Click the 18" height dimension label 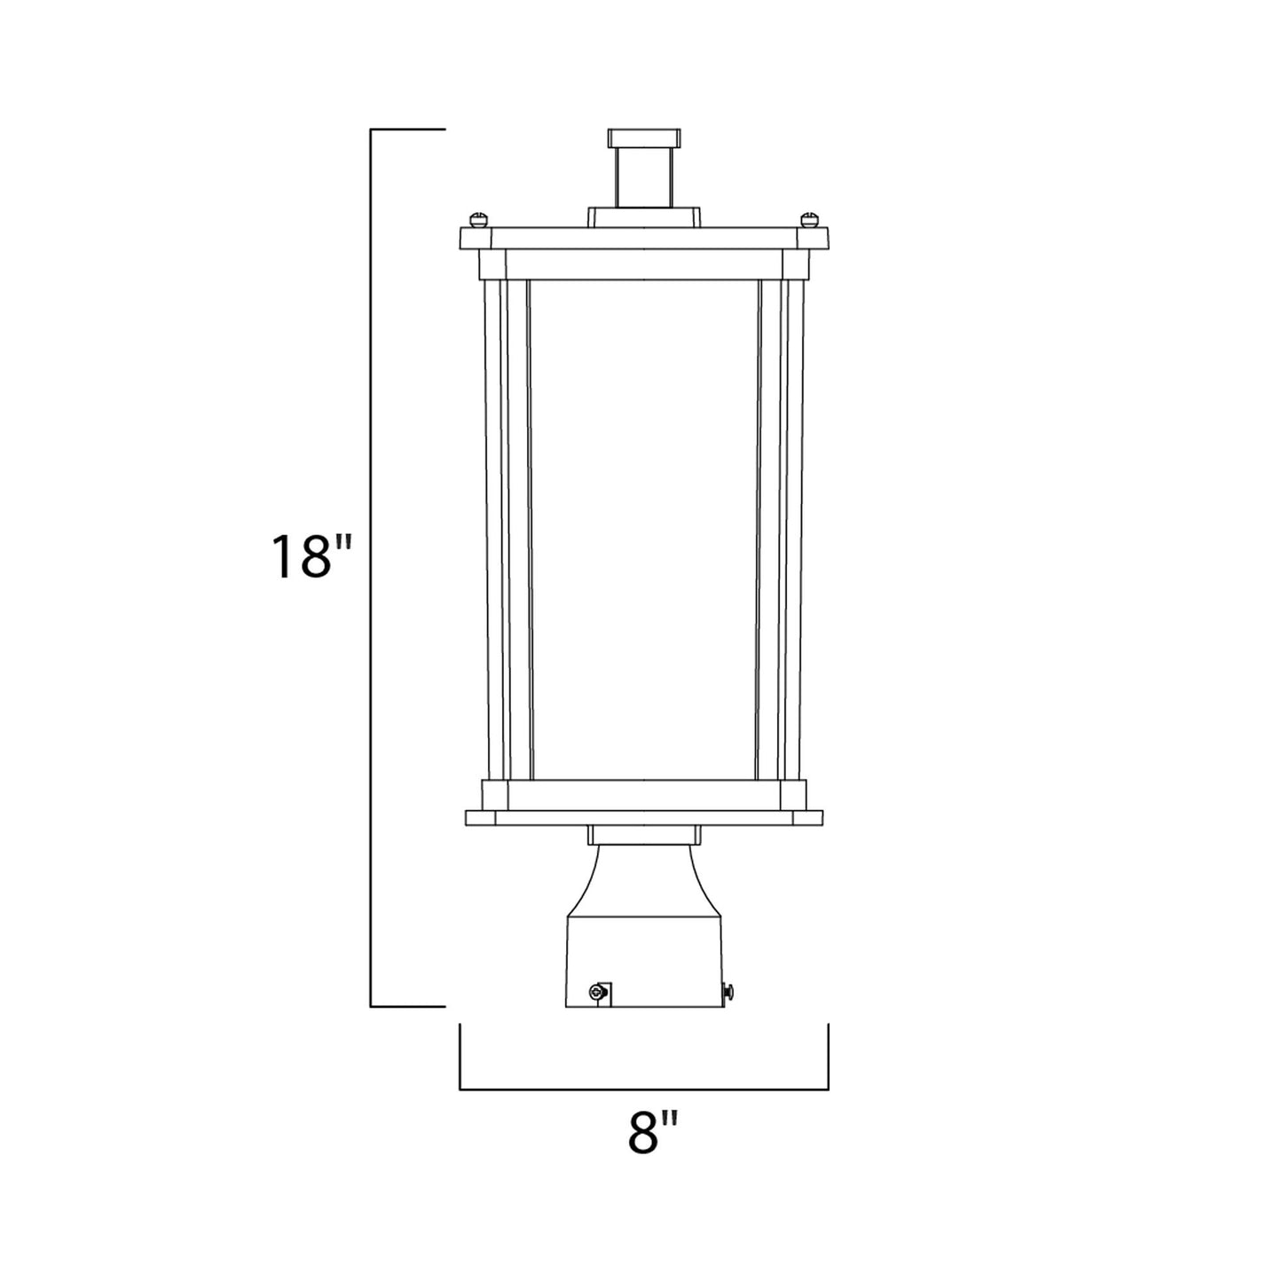(x=312, y=556)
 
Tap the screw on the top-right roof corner (x=808, y=216)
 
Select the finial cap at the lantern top (x=644, y=138)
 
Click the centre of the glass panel (x=644, y=528)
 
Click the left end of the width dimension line (x=460, y=1088)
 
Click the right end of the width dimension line (x=828, y=1088)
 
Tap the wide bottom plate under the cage (x=644, y=817)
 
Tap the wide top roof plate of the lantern (x=644, y=238)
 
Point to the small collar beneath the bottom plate (x=644, y=835)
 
